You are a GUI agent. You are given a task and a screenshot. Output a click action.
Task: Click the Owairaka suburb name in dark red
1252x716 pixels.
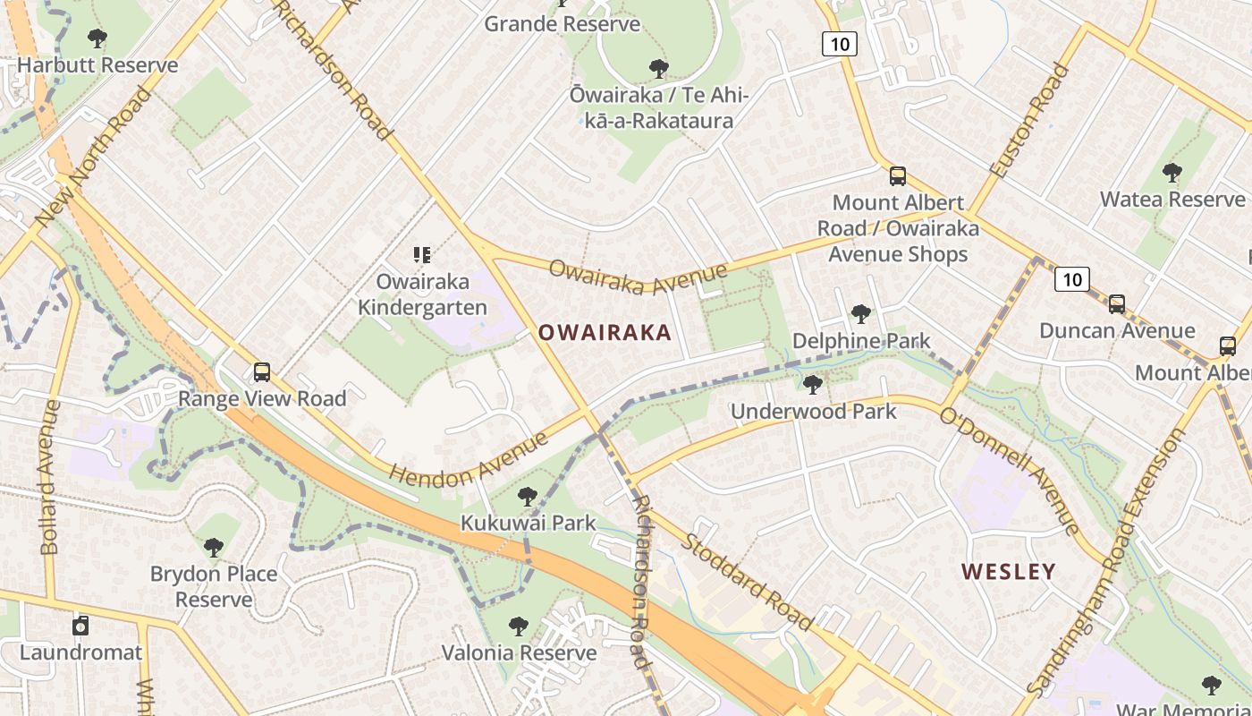pyautogui.click(x=605, y=333)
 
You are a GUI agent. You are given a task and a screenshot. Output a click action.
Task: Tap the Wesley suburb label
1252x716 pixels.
pyautogui.click(x=1009, y=571)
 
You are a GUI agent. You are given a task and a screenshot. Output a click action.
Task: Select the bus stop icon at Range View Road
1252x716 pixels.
pyautogui.click(x=261, y=371)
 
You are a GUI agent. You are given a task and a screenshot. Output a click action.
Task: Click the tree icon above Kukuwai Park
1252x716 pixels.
pyautogui.click(x=528, y=496)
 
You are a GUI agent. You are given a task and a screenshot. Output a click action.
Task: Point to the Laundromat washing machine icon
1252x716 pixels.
pyautogui.click(x=80, y=626)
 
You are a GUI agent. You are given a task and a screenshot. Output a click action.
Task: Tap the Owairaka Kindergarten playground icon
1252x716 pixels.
pyautogui.click(x=422, y=255)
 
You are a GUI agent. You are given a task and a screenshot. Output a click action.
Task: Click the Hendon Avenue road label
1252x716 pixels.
pyautogui.click(x=469, y=462)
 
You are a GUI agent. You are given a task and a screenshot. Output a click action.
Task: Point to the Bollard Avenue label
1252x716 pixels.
pyautogui.click(x=49, y=477)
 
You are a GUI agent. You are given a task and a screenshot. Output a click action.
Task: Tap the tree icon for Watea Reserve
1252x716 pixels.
pyautogui.click(x=1172, y=172)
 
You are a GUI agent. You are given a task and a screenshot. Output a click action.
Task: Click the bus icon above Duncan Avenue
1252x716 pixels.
pyautogui.click(x=1116, y=303)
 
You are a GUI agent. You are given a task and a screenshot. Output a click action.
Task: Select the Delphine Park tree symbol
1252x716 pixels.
pyautogui.click(x=861, y=314)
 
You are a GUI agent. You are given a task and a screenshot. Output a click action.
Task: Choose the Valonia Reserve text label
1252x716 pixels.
pyautogui.click(x=519, y=652)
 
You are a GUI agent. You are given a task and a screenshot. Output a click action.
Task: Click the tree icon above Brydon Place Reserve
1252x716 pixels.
pyautogui.click(x=213, y=547)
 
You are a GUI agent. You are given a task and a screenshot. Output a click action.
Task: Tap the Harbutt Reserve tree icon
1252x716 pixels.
pyautogui.click(x=97, y=38)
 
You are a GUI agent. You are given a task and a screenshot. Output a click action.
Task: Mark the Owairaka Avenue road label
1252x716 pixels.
pyautogui.click(x=639, y=277)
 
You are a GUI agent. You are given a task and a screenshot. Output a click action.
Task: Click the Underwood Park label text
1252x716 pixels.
pyautogui.click(x=813, y=412)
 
